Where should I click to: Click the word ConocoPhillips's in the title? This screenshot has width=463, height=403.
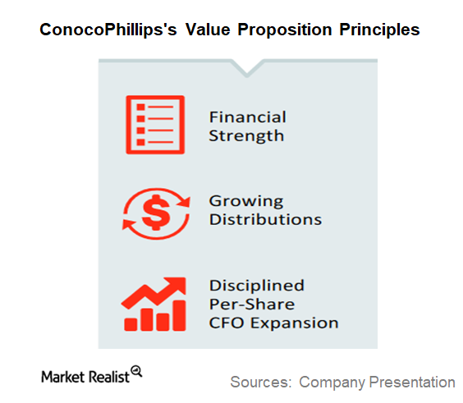tap(108, 30)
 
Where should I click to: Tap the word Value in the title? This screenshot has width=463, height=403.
tap(208, 30)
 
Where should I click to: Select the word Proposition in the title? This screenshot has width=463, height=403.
tap(285, 30)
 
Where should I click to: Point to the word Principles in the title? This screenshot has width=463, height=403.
tap(379, 30)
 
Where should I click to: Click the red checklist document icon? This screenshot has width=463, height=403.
tap(155, 125)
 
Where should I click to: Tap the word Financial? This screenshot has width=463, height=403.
tap(248, 117)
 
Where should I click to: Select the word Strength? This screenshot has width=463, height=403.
tap(246, 135)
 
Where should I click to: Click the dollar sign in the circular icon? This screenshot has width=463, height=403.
tap(156, 213)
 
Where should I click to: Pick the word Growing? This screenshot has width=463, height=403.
tap(246, 202)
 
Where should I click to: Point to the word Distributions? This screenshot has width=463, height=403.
tap(265, 219)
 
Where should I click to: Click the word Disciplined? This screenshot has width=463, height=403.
tap(257, 286)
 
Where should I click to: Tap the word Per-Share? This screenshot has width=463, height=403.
tap(252, 304)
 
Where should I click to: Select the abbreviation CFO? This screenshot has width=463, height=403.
tap(227, 323)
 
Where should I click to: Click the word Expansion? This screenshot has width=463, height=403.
tap(295, 323)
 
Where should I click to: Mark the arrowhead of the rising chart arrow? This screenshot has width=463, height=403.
tap(176, 285)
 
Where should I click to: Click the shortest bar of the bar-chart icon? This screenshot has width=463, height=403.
tap(131, 324)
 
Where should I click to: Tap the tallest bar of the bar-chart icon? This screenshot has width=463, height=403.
tap(179, 316)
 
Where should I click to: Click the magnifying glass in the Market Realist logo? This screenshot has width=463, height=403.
tap(137, 371)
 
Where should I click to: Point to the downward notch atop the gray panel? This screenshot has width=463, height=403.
tap(247, 68)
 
